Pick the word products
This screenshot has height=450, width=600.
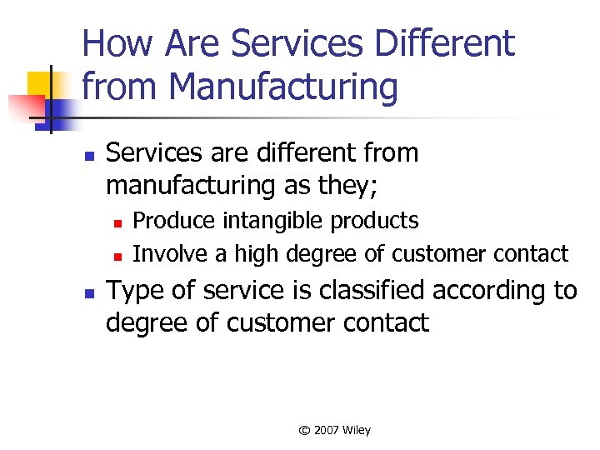point(375,221)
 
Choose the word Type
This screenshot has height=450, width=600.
point(137,292)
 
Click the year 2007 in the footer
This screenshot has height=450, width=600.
point(327,430)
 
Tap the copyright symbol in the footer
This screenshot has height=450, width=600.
point(304,431)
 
